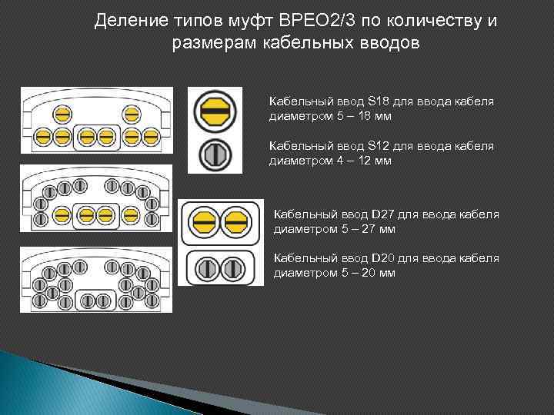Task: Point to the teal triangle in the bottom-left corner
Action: [31, 384]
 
